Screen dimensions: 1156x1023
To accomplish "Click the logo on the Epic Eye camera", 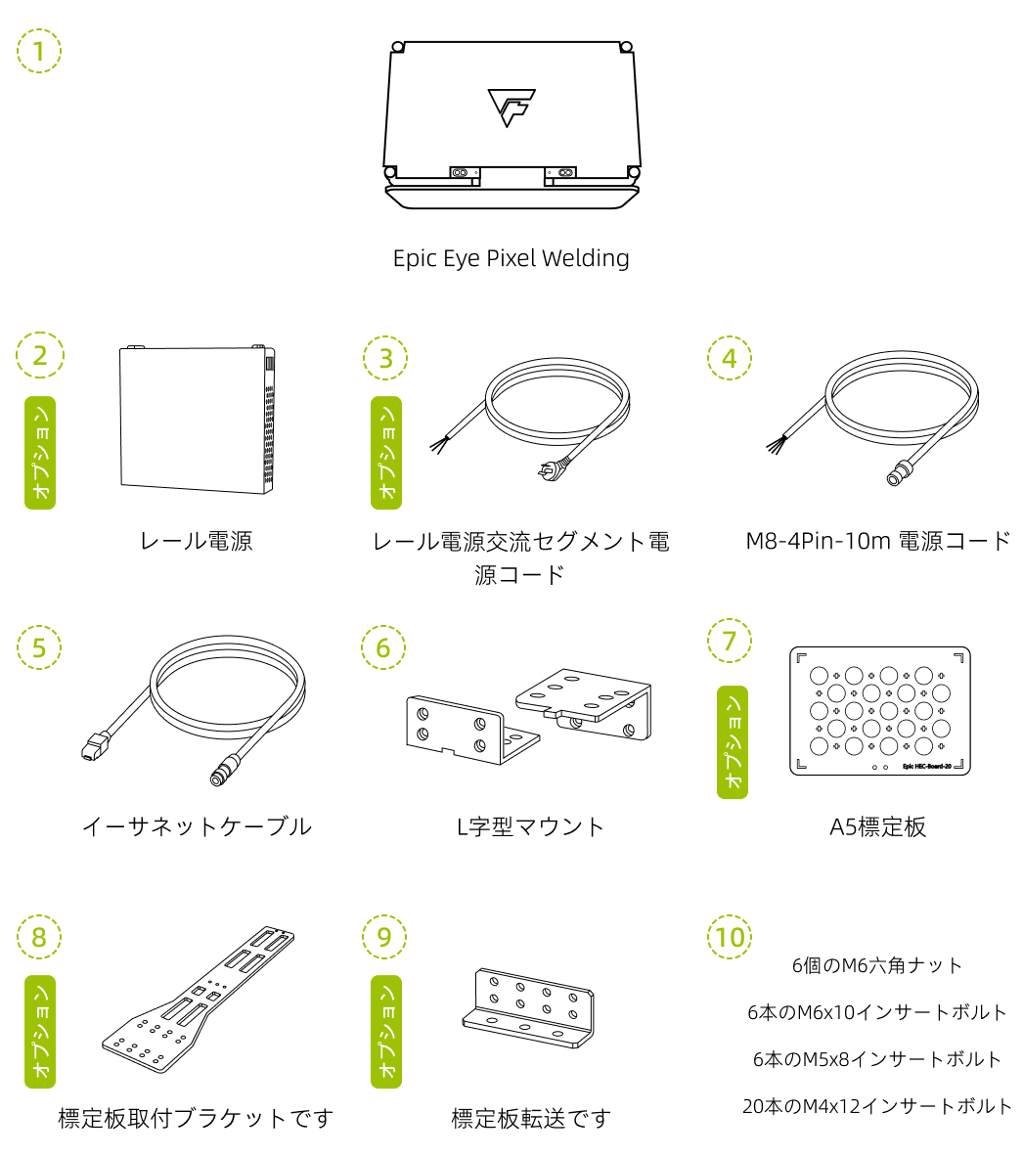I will (x=511, y=107).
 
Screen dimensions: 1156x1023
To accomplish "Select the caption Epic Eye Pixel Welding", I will (x=511, y=258).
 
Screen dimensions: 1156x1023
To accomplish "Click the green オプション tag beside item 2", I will (x=40, y=453).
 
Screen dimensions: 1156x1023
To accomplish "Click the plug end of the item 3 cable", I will (x=547, y=472).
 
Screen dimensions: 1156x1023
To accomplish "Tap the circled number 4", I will (x=730, y=358).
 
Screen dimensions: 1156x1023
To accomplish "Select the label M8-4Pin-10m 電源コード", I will (x=877, y=541).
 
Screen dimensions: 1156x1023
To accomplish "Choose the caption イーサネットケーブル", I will (x=197, y=826).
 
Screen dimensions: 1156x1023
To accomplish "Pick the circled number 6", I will (x=383, y=646).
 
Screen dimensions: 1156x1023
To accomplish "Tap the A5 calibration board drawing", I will (x=879, y=711).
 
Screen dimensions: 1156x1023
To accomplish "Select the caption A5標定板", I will (x=877, y=826).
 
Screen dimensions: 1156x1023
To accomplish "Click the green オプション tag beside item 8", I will (x=40, y=1032).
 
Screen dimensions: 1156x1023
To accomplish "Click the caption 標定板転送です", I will (x=531, y=1118).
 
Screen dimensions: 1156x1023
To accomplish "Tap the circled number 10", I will (x=730, y=937).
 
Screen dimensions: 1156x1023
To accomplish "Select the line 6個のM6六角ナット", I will (x=877, y=965).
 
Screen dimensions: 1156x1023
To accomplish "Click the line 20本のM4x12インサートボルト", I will (x=877, y=1106).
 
